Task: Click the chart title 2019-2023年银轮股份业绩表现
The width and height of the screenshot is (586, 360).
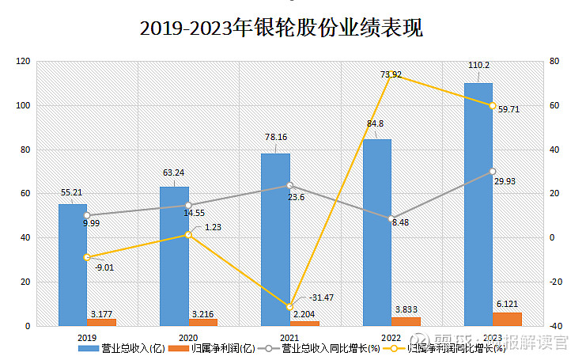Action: click(x=282, y=28)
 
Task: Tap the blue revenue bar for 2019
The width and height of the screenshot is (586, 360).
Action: click(x=73, y=264)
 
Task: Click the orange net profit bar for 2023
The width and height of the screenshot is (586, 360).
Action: click(x=507, y=319)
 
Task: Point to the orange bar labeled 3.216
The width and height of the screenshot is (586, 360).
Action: click(x=203, y=322)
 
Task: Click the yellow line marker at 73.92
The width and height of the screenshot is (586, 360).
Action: click(x=391, y=75)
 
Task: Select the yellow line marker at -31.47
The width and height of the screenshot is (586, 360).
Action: click(x=289, y=307)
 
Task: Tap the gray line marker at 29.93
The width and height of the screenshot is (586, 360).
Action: click(x=492, y=172)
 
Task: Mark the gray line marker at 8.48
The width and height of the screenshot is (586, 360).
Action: click(x=391, y=219)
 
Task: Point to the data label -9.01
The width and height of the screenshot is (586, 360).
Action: click(x=104, y=267)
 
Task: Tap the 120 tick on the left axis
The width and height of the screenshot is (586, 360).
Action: click(x=23, y=62)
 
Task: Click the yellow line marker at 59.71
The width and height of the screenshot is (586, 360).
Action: click(x=492, y=106)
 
